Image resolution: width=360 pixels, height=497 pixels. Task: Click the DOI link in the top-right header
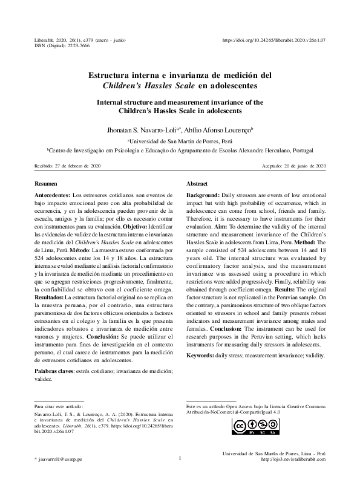(275, 40)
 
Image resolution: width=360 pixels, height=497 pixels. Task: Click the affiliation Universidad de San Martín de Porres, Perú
(181, 140)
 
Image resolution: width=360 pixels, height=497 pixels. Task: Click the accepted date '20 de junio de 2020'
(300, 166)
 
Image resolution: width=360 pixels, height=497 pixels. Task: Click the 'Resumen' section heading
(46, 183)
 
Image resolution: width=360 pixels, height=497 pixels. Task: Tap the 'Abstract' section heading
(197, 183)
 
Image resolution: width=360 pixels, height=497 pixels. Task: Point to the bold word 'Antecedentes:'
(53, 196)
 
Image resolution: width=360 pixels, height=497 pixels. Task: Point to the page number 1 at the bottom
(180, 458)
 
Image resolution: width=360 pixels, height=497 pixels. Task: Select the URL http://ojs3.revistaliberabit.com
(293, 460)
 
